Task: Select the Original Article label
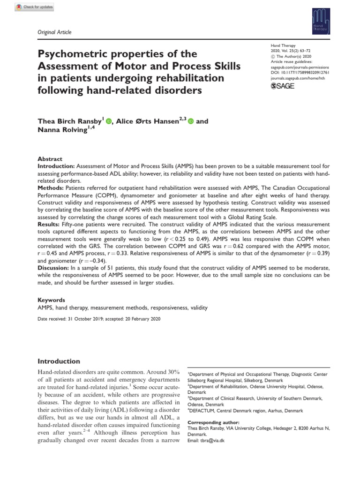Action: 54,32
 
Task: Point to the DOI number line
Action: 300,74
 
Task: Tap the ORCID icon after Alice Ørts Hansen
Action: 191,122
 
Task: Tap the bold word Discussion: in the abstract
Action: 53,267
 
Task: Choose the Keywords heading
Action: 51,300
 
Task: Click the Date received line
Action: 99,319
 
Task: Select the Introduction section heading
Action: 59,361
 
